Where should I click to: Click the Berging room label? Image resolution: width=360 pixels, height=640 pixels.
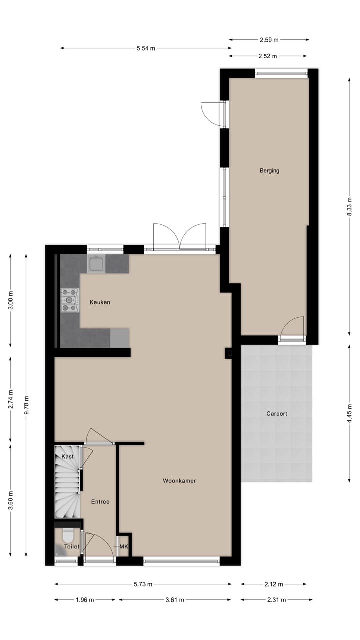(269, 171)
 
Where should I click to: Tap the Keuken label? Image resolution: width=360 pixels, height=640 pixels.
(100, 302)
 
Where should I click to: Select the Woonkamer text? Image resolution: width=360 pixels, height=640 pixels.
(179, 481)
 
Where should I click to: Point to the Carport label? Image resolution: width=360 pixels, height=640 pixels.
(276, 414)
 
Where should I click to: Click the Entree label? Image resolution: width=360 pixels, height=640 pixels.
(100, 502)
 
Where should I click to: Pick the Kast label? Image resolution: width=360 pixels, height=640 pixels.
(67, 457)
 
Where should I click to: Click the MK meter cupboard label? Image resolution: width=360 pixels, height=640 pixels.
(124, 547)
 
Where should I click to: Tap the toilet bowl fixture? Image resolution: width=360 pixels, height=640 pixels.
(68, 536)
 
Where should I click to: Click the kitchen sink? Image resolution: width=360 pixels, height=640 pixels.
(96, 264)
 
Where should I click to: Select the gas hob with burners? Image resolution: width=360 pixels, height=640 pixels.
(70, 300)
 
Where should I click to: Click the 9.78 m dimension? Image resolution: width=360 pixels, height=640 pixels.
(27, 405)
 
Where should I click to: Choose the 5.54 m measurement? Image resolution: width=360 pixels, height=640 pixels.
(146, 48)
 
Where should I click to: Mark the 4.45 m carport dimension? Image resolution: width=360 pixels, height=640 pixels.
(350, 413)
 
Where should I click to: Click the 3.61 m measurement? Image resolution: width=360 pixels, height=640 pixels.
(175, 600)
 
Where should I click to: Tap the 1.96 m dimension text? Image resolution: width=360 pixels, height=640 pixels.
(84, 600)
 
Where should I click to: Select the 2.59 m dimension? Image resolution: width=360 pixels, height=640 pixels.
(269, 40)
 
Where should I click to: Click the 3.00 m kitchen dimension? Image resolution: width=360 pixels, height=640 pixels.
(11, 300)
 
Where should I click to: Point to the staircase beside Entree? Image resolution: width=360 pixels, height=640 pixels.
(66, 487)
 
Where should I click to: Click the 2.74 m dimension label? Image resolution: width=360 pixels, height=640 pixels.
(11, 399)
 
